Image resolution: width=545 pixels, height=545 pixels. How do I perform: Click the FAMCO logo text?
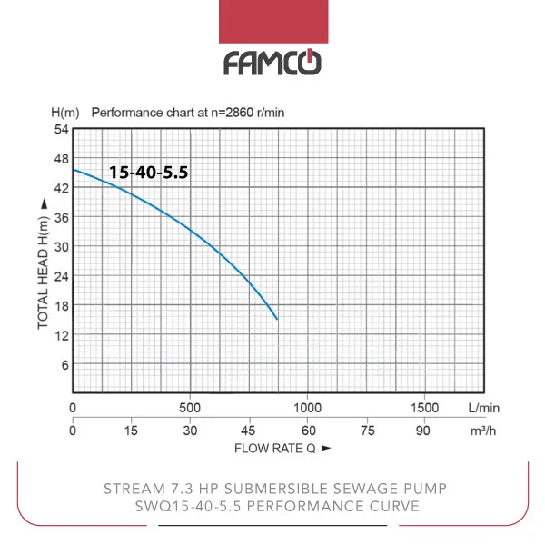point(272,63)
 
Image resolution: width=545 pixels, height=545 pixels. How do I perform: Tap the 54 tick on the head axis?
point(62,130)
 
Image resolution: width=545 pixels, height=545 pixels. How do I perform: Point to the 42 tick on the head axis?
point(62,188)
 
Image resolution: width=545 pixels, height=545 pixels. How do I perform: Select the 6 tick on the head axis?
point(64,364)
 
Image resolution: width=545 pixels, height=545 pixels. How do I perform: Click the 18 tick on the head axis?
point(62,305)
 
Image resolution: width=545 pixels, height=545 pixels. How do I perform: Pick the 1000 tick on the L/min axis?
point(307,408)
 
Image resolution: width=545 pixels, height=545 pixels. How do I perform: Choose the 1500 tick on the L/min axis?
point(424,408)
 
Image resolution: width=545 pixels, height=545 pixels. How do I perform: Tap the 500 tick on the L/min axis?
point(190,408)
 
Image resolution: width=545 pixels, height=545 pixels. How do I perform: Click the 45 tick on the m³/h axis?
point(248,431)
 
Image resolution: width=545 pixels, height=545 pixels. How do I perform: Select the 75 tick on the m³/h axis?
point(365,431)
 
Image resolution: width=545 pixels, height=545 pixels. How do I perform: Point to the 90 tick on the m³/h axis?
point(423,431)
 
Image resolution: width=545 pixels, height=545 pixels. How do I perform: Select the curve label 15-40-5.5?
point(148,172)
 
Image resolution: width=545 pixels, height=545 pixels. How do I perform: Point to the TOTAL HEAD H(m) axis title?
point(42,263)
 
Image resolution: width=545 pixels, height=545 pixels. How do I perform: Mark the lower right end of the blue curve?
point(277,319)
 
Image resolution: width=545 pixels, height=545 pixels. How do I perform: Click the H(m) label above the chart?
point(64,114)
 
